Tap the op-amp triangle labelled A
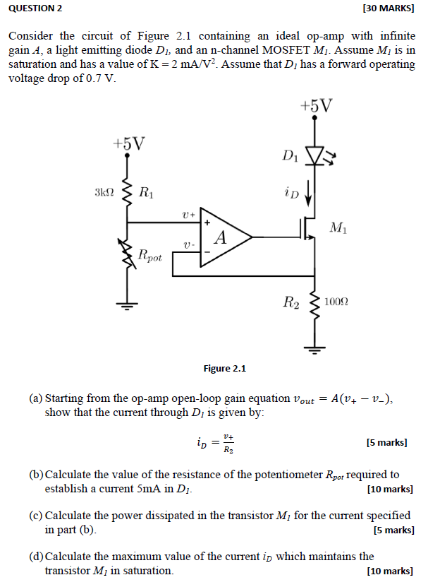[x=221, y=237]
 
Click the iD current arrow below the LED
[x=309, y=193]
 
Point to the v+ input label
[x=188, y=212]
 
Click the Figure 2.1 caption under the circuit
[x=224, y=368]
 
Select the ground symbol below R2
[x=315, y=347]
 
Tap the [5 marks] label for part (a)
[x=386, y=443]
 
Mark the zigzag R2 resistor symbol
[x=315, y=304]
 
